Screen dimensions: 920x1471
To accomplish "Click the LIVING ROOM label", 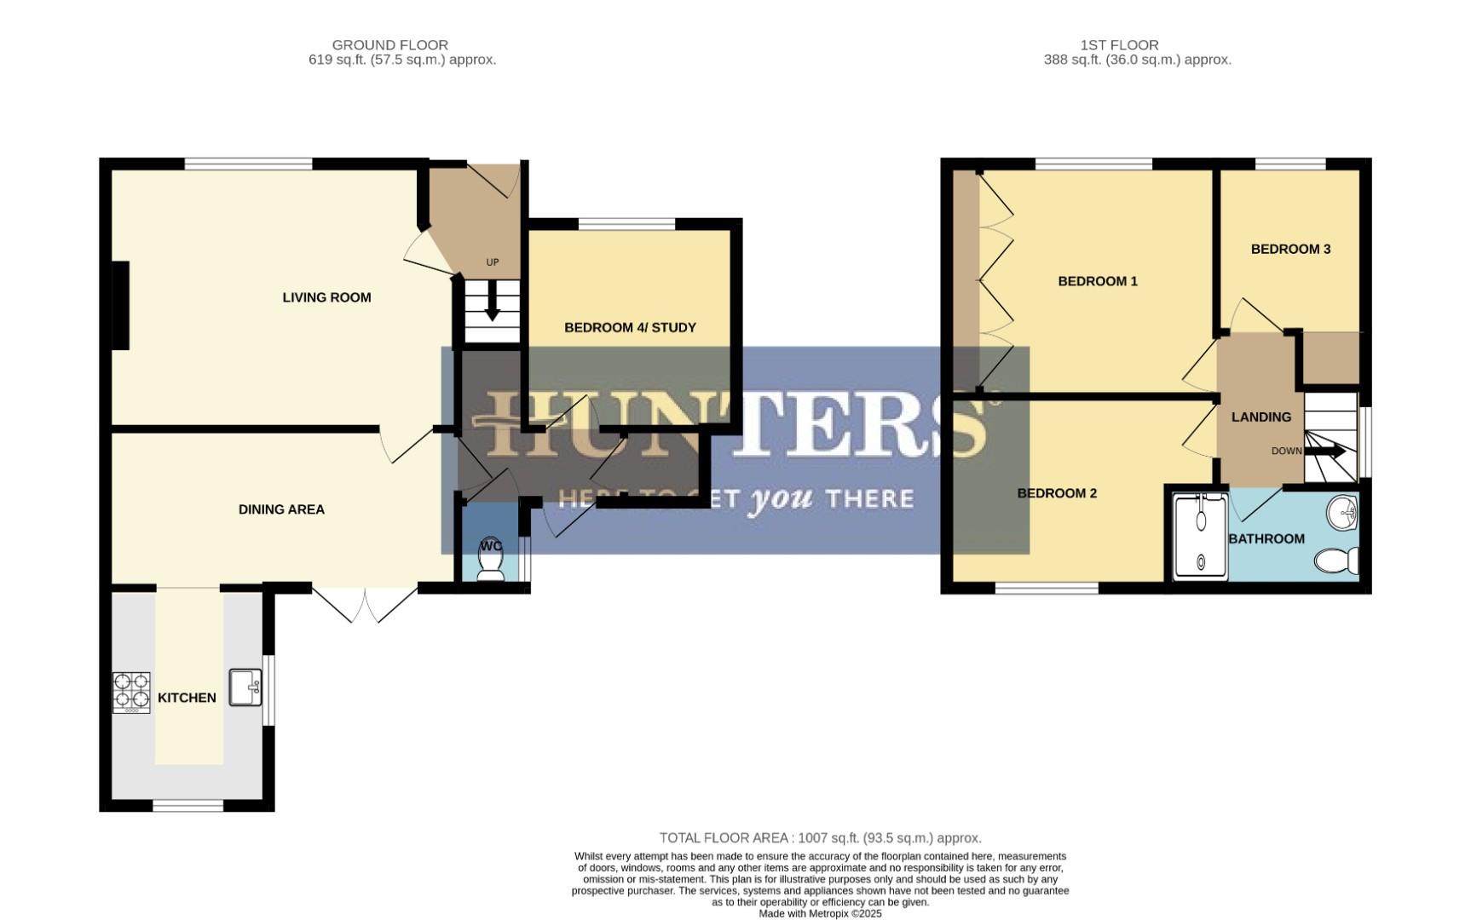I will tap(326, 297).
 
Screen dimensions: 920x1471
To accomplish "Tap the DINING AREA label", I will tap(281, 509).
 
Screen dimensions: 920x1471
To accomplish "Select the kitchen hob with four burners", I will tap(131, 692).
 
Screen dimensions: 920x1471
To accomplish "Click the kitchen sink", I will tap(245, 687).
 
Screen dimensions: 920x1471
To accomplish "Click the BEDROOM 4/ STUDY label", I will tap(630, 327).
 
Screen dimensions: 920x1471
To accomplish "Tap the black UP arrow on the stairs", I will tap(492, 305).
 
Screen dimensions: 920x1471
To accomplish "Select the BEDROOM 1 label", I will tap(1097, 281).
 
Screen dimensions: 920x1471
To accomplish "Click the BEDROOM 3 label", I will tap(1290, 249).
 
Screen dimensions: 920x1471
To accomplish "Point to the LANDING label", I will tap(1260, 417).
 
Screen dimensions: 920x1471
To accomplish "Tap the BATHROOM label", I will tap(1266, 538).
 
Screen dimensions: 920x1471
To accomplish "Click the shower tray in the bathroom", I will tap(1201, 537).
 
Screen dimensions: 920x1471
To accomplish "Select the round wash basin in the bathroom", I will tap(1342, 513).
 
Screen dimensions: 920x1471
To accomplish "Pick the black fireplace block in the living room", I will tap(120, 305).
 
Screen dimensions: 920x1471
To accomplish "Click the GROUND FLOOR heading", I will tap(389, 45).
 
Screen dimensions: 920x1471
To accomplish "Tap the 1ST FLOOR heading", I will tap(1119, 45).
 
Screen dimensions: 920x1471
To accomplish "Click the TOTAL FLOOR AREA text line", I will tap(820, 838).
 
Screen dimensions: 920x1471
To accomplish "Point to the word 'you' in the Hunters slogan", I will tap(780, 498).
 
